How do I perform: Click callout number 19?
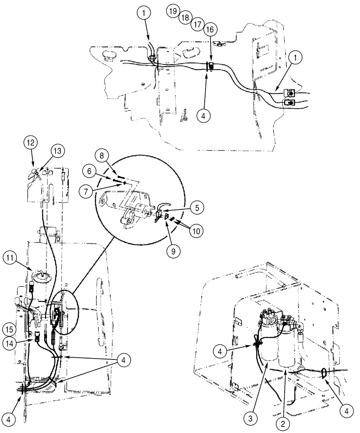pos(173,11)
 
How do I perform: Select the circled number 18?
pos(185,17)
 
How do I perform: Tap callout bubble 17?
pos(197,24)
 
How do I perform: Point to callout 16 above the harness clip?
pos(209,30)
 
